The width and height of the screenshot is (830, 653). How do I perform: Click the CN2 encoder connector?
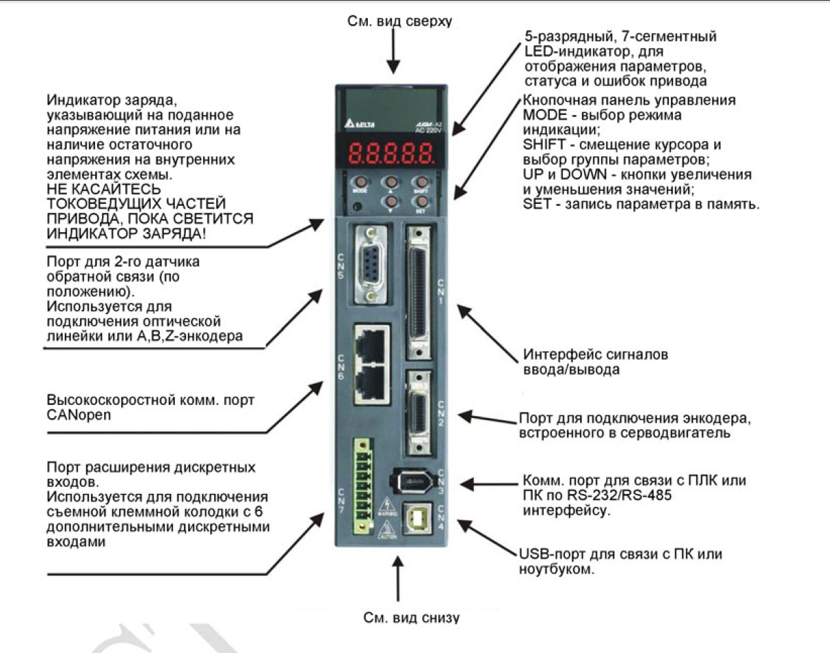419,412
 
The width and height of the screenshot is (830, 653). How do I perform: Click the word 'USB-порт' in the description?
545,555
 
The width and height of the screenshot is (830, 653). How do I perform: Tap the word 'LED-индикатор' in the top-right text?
566,52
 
